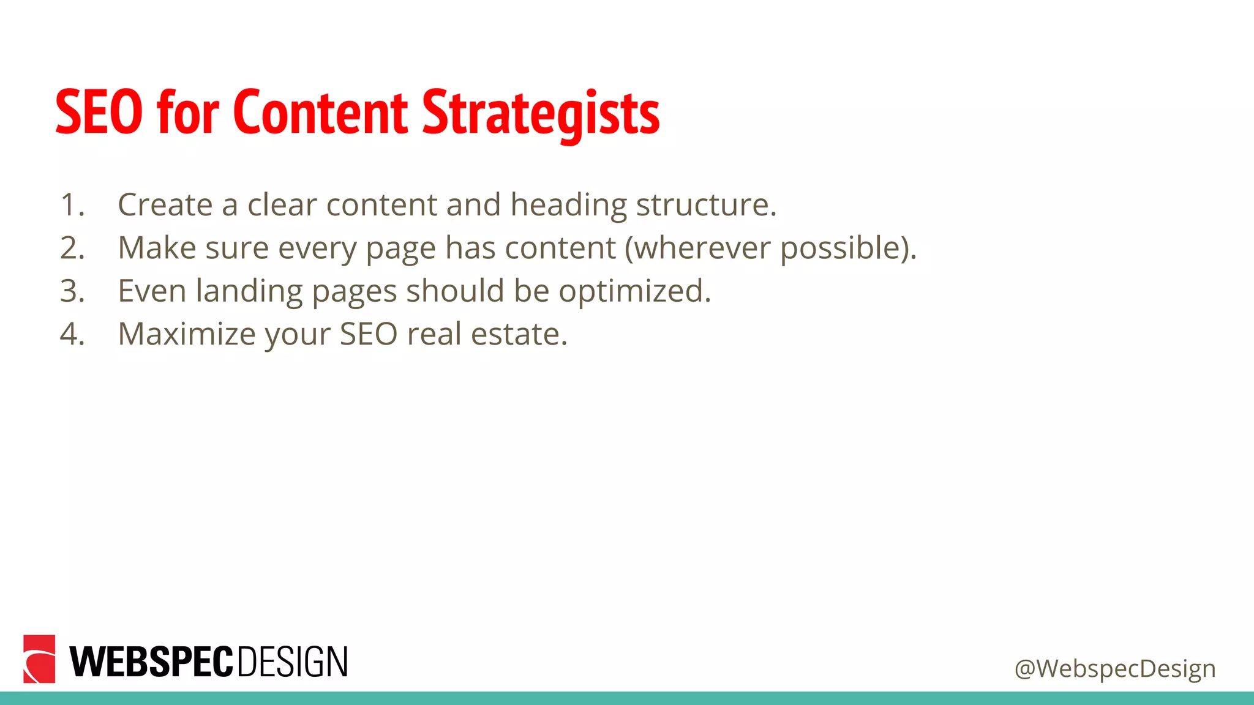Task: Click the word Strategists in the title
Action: click(x=541, y=113)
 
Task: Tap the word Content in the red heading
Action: click(x=320, y=113)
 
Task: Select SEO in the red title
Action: click(x=99, y=113)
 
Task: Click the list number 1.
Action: click(x=72, y=205)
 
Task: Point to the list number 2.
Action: click(x=72, y=248)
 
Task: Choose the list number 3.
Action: click(x=72, y=291)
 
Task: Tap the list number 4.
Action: click(x=72, y=334)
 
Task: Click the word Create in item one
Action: click(x=165, y=205)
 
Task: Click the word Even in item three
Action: click(x=152, y=291)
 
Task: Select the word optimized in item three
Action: click(x=634, y=292)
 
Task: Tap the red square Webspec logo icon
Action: click(x=39, y=659)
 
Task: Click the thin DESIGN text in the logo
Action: click(x=292, y=662)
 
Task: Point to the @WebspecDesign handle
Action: click(x=1114, y=669)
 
